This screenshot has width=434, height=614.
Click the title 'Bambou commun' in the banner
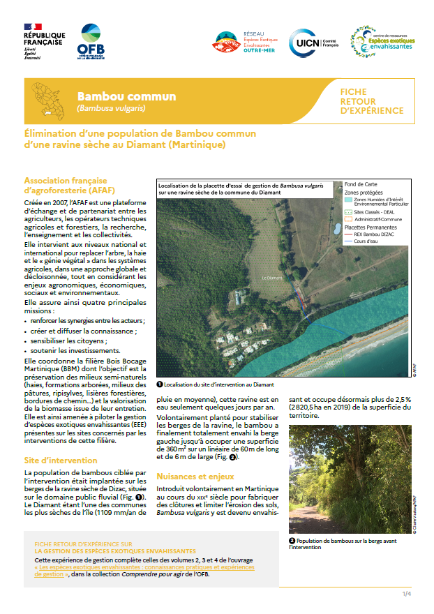coord(126,96)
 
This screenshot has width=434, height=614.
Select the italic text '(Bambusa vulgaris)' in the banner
coord(111,109)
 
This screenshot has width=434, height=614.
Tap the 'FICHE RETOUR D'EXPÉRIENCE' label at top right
coord(371,101)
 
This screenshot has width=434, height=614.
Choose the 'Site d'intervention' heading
coord(60,460)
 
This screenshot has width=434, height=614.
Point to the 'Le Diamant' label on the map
coord(272,278)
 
